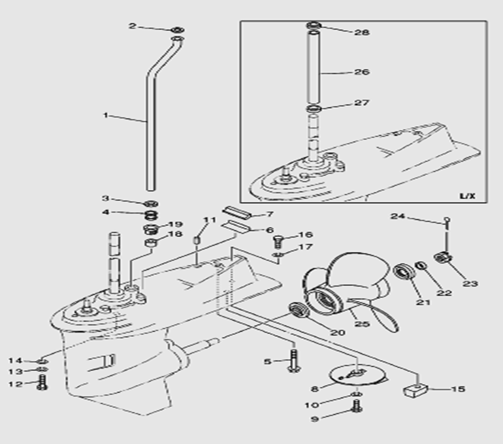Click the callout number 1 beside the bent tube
pyautogui.click(x=105, y=116)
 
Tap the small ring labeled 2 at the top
pyautogui.click(x=176, y=30)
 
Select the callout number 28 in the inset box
pyautogui.click(x=361, y=31)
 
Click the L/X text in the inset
pyautogui.click(x=467, y=195)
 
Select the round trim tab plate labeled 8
pyautogui.click(x=348, y=375)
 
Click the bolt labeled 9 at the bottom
pyautogui.click(x=356, y=407)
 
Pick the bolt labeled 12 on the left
pyautogui.click(x=43, y=383)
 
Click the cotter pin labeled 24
pyautogui.click(x=446, y=223)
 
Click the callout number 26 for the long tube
pyautogui.click(x=361, y=72)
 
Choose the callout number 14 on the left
pyautogui.click(x=15, y=360)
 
